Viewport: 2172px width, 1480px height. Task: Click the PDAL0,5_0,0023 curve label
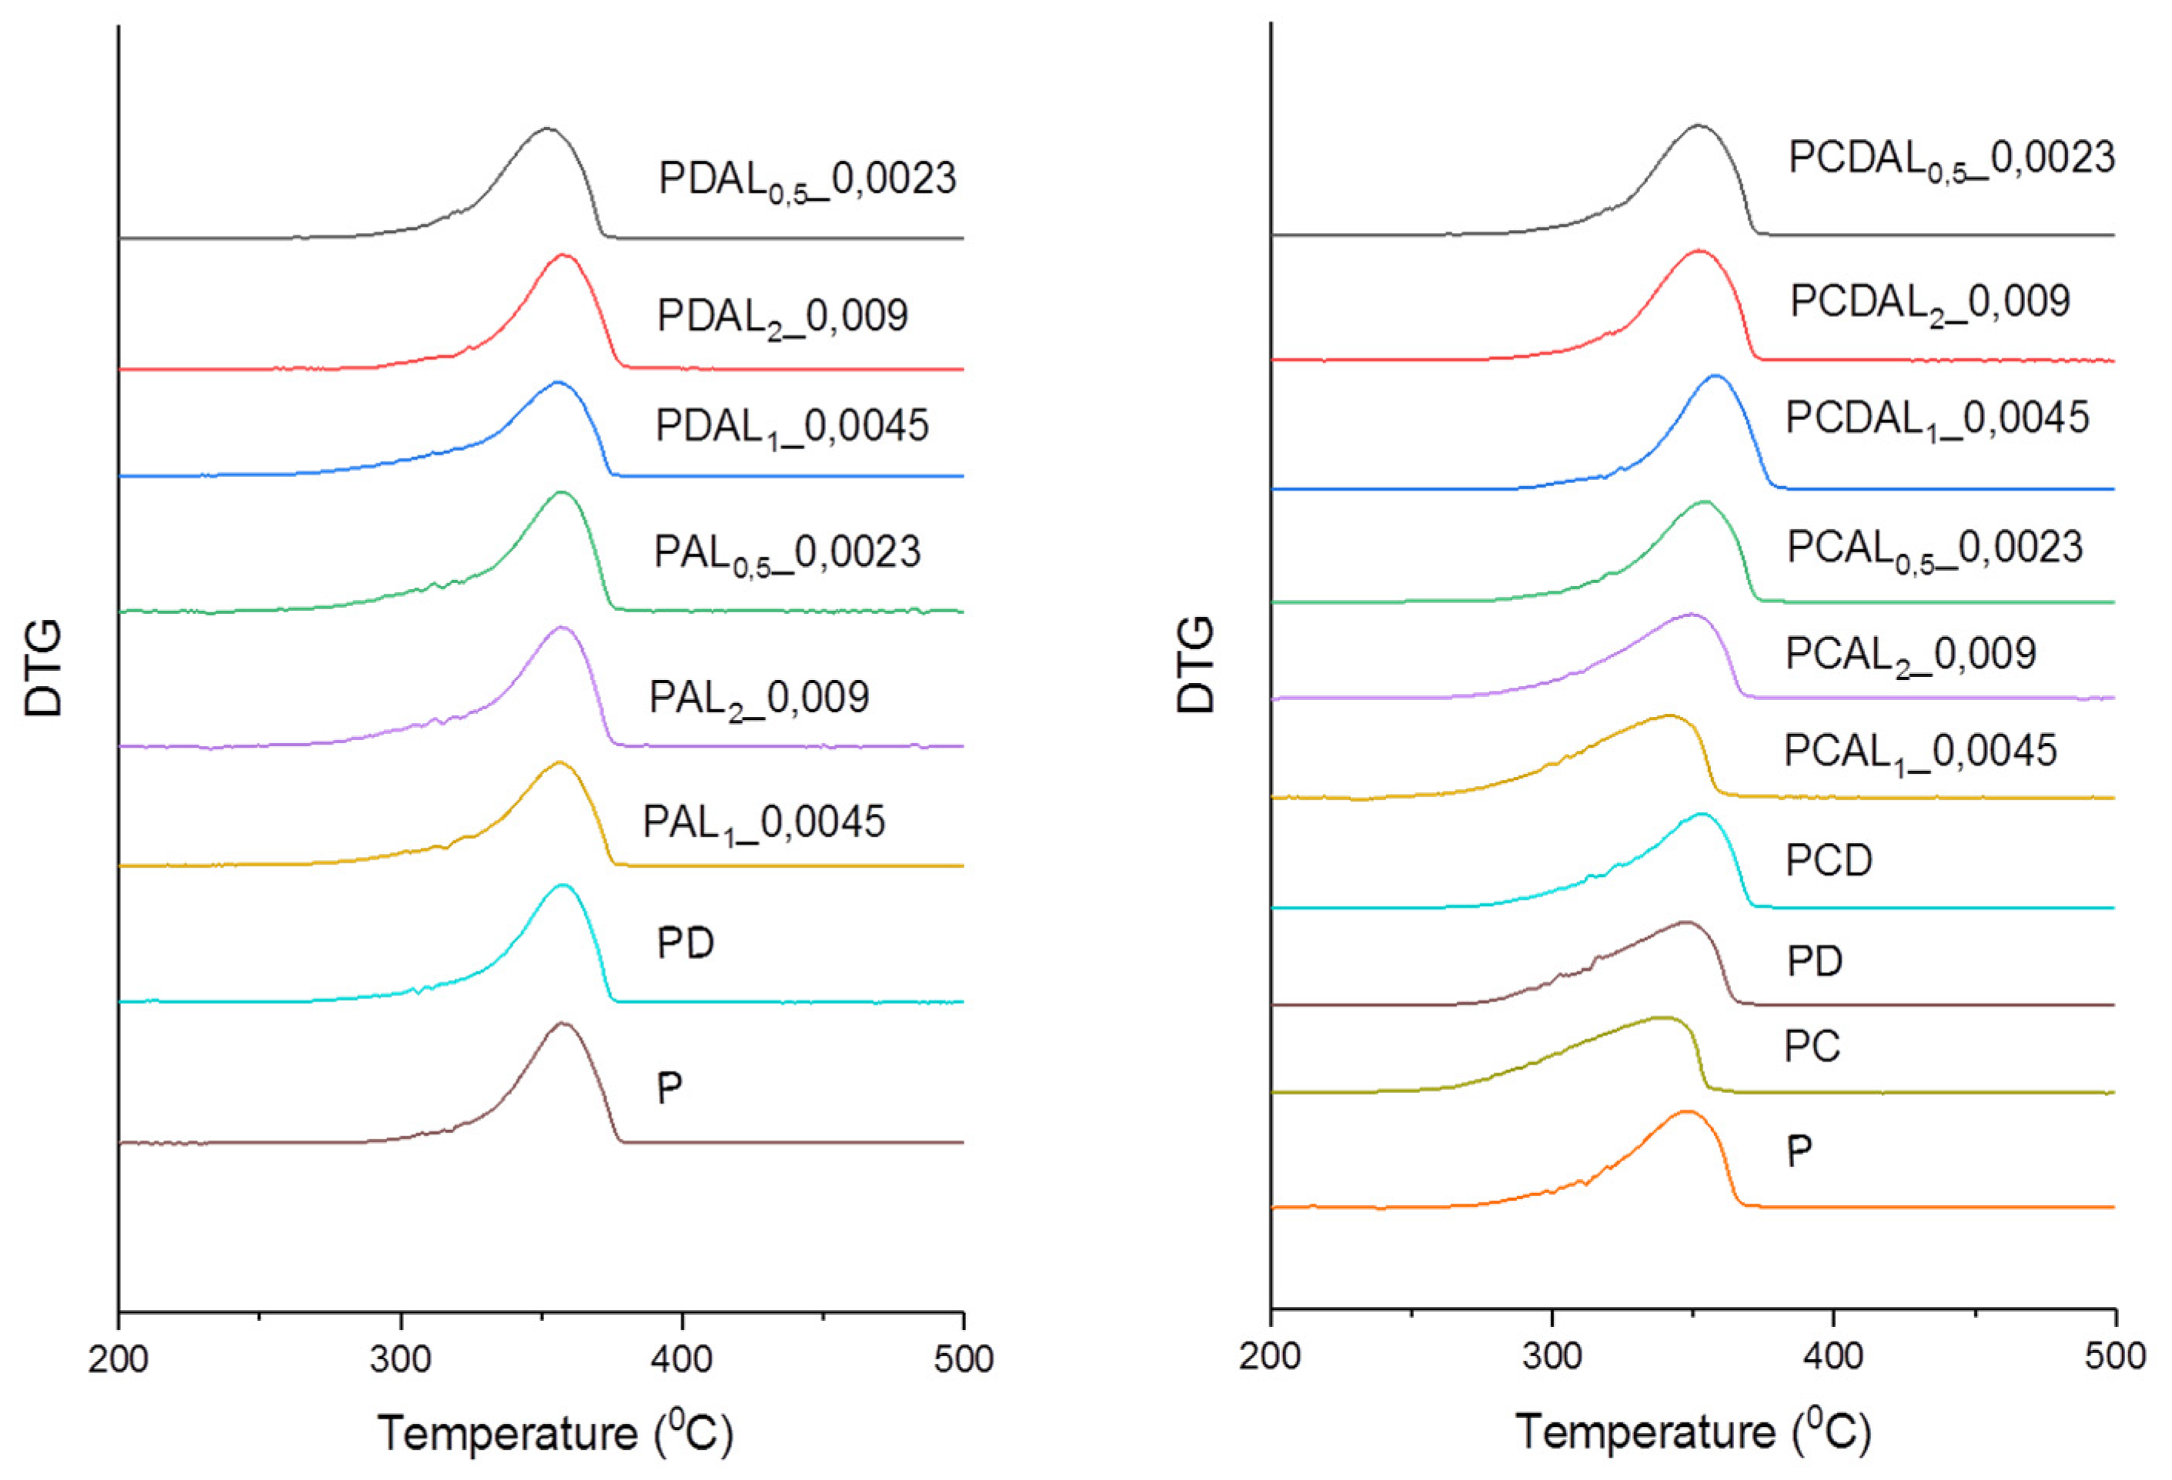[x=807, y=178]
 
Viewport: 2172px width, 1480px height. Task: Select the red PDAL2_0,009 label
[x=782, y=316]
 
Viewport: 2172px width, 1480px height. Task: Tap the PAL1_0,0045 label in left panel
[x=764, y=822]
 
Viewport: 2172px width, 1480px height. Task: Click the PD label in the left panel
[x=685, y=944]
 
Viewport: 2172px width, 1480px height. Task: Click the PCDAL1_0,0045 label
[x=1936, y=418]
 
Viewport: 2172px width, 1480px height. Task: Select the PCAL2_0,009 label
[x=1910, y=654]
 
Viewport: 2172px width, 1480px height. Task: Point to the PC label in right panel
[x=1812, y=1046]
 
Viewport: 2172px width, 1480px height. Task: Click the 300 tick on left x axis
[x=401, y=1358]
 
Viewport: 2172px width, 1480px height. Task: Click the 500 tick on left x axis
[x=963, y=1358]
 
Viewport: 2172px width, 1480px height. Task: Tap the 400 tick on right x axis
[x=1833, y=1355]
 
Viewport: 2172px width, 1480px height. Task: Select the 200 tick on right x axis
[x=1270, y=1355]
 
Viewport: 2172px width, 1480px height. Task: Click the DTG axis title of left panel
[x=44, y=667]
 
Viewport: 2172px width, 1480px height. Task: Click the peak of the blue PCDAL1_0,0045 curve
[x=1715, y=375]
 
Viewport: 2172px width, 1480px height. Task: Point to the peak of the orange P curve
[x=1687, y=1112]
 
